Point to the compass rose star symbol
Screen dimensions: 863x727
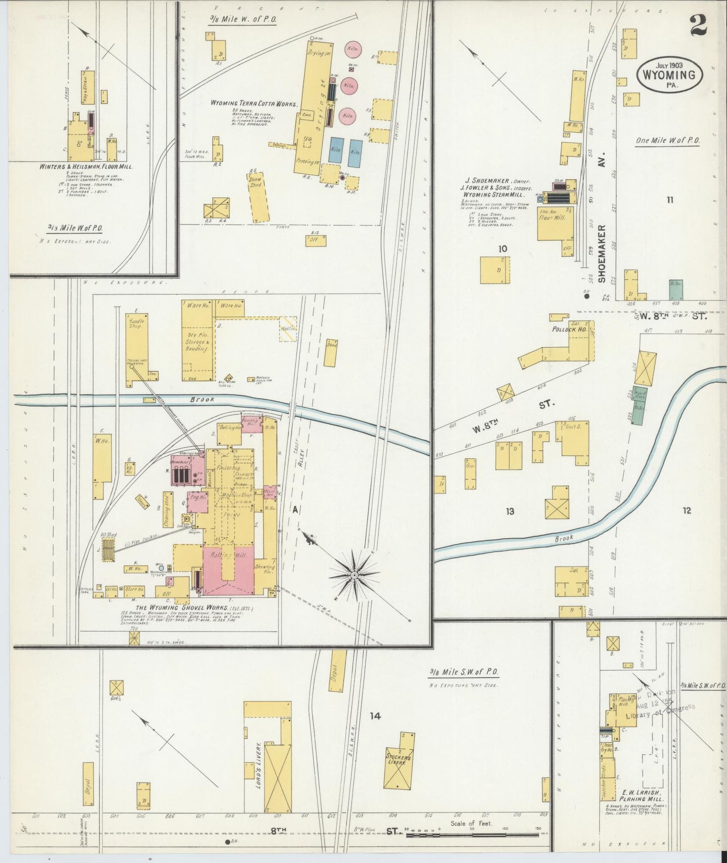(x=355, y=574)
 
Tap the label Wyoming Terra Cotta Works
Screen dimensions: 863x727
(x=254, y=103)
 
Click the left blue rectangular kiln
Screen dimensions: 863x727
(x=336, y=150)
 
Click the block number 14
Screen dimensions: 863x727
(x=375, y=715)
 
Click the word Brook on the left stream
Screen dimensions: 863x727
(x=202, y=399)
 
